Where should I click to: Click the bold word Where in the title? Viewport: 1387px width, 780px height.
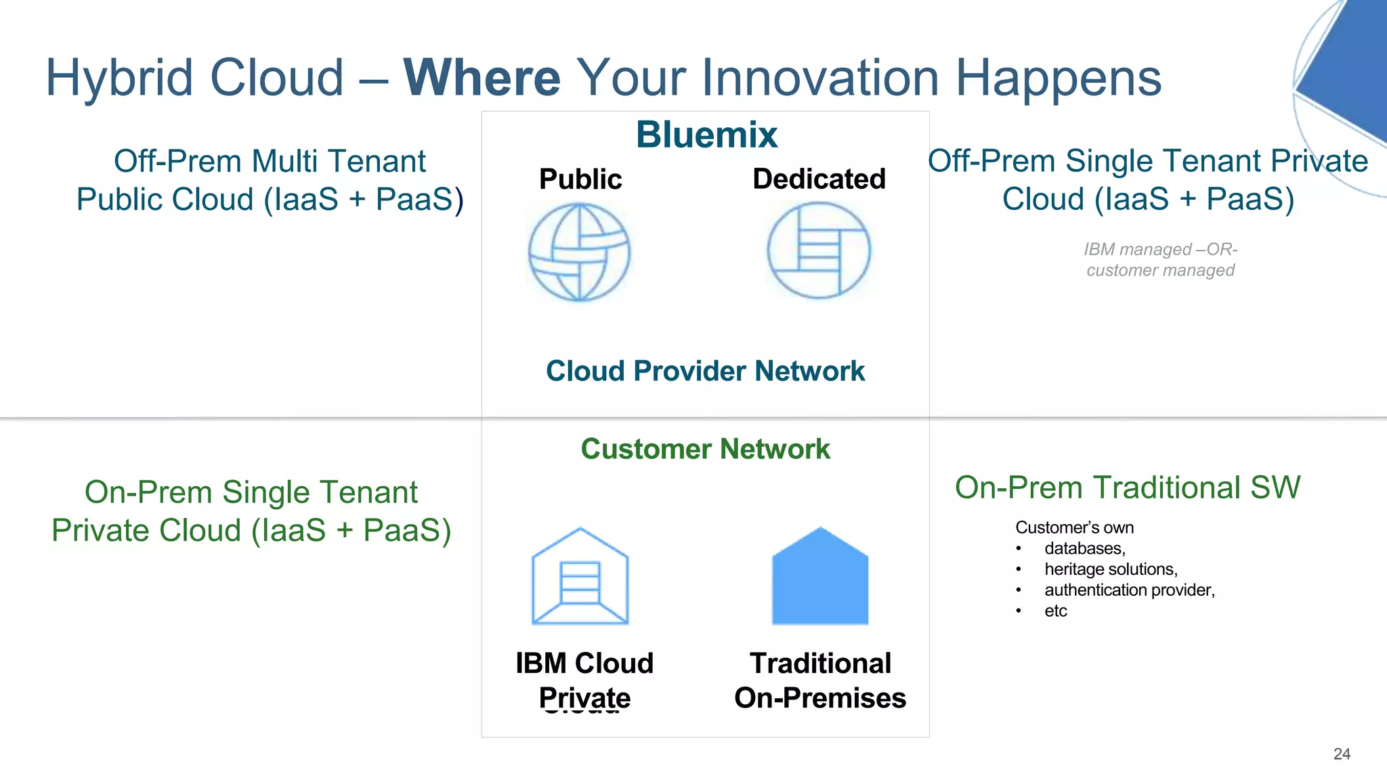pos(482,78)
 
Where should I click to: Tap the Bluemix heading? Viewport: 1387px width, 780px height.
pos(706,134)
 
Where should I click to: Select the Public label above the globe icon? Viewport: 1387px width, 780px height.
pos(580,179)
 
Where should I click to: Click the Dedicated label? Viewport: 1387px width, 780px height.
pos(819,179)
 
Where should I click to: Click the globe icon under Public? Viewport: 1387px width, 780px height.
pos(579,252)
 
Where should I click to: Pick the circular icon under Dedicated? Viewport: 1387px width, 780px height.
pos(819,251)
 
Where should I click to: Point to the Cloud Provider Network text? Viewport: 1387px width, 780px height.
pos(705,371)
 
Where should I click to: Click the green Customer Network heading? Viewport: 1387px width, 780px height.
pos(705,449)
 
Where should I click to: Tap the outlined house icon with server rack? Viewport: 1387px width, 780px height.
pos(580,577)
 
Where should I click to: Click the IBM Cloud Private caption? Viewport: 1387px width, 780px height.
pos(584,680)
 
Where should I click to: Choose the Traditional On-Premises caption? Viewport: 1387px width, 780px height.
pos(820,680)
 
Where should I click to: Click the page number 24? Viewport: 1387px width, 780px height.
pos(1342,754)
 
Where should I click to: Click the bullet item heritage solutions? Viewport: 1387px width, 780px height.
pos(1111,569)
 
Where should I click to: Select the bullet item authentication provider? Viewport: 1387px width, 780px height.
pos(1129,590)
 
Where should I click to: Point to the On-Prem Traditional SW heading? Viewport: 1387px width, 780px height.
pos(1128,487)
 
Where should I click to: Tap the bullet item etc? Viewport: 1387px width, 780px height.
pos(1055,611)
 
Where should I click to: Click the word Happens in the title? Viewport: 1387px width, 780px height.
pos(1058,78)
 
